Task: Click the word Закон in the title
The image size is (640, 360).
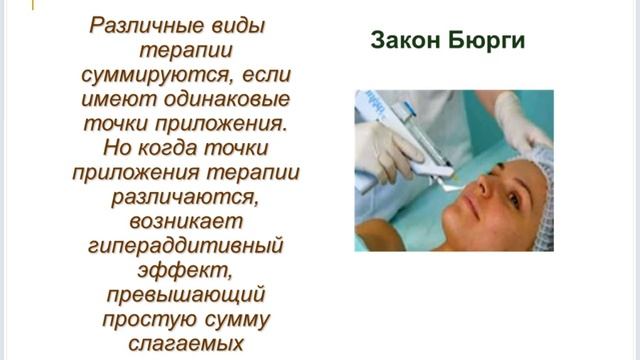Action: [x=408, y=42]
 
